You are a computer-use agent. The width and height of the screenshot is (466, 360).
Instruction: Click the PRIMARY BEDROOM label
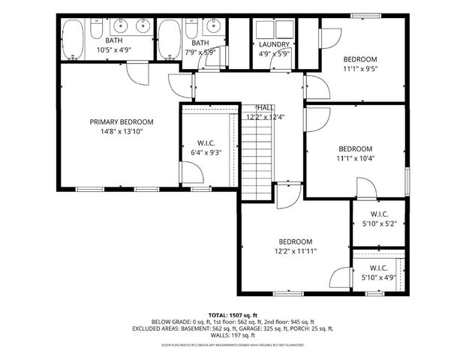122,122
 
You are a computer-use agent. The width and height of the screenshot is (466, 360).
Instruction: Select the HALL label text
266,108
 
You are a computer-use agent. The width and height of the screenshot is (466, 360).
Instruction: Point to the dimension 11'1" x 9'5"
360,68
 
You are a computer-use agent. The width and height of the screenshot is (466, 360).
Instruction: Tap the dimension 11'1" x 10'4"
355,158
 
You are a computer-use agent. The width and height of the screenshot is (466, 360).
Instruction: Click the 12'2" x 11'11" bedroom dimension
295,251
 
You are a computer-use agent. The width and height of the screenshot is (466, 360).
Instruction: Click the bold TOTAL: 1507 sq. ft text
233,314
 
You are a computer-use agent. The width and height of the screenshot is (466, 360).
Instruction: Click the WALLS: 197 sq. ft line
233,335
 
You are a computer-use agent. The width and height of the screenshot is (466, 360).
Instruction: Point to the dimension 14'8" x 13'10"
122,131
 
